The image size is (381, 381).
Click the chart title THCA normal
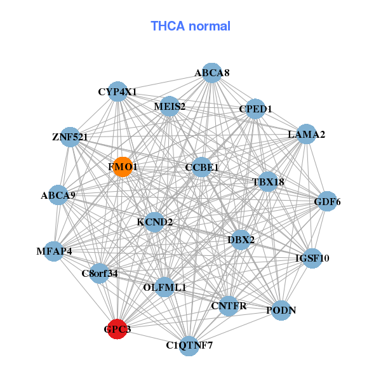coord(190,26)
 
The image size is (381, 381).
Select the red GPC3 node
coord(117,329)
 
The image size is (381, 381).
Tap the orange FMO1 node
coord(123,167)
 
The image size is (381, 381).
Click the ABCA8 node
coord(212,73)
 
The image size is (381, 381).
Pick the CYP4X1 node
coord(117,92)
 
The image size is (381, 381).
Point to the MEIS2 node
coord(170,106)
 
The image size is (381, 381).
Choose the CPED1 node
coord(255,109)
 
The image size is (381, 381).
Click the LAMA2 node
coord(306,134)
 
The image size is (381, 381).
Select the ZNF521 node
coord(70,137)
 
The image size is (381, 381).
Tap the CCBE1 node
coord(202,167)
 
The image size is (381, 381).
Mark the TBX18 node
coord(268,182)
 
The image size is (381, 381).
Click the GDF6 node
coord(327,202)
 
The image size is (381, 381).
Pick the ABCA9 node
coord(58,195)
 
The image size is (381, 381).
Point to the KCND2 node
coord(154,222)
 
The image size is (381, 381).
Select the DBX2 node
coord(241,239)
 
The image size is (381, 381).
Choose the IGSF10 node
coord(312,258)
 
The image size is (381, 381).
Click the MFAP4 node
coord(55,251)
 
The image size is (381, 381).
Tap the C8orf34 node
coord(100,274)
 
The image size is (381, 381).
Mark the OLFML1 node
coord(164,287)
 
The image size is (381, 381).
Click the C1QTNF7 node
coord(189,345)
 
